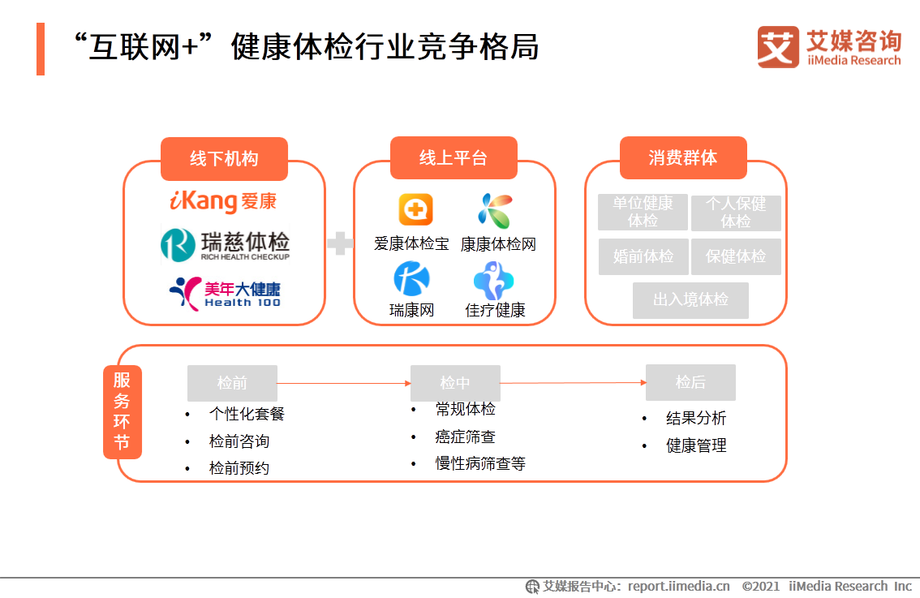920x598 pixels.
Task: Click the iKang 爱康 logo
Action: point(223,201)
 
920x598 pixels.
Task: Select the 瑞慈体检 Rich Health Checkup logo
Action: point(225,244)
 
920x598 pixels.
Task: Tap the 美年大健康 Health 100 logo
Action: point(225,293)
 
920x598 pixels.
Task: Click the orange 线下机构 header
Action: point(224,158)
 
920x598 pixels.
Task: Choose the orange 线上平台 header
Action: point(454,157)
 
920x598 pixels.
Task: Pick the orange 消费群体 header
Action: point(683,157)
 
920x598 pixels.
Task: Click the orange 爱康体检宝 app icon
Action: point(415,209)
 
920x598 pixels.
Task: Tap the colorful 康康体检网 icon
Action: point(495,210)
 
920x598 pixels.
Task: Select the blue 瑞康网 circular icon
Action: point(411,279)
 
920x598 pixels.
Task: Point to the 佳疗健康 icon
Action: point(494,280)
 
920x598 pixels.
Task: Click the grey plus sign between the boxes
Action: point(340,243)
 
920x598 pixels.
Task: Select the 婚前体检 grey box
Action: point(643,256)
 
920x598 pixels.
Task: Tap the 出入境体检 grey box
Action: point(690,300)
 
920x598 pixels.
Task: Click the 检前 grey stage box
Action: point(232,383)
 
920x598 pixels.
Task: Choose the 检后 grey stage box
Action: point(690,382)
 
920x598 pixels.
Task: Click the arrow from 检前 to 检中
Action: point(344,383)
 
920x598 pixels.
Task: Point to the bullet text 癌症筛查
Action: point(465,437)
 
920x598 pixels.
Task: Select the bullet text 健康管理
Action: point(696,445)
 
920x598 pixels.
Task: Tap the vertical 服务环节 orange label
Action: point(123,411)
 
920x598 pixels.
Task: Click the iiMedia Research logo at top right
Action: point(828,47)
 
